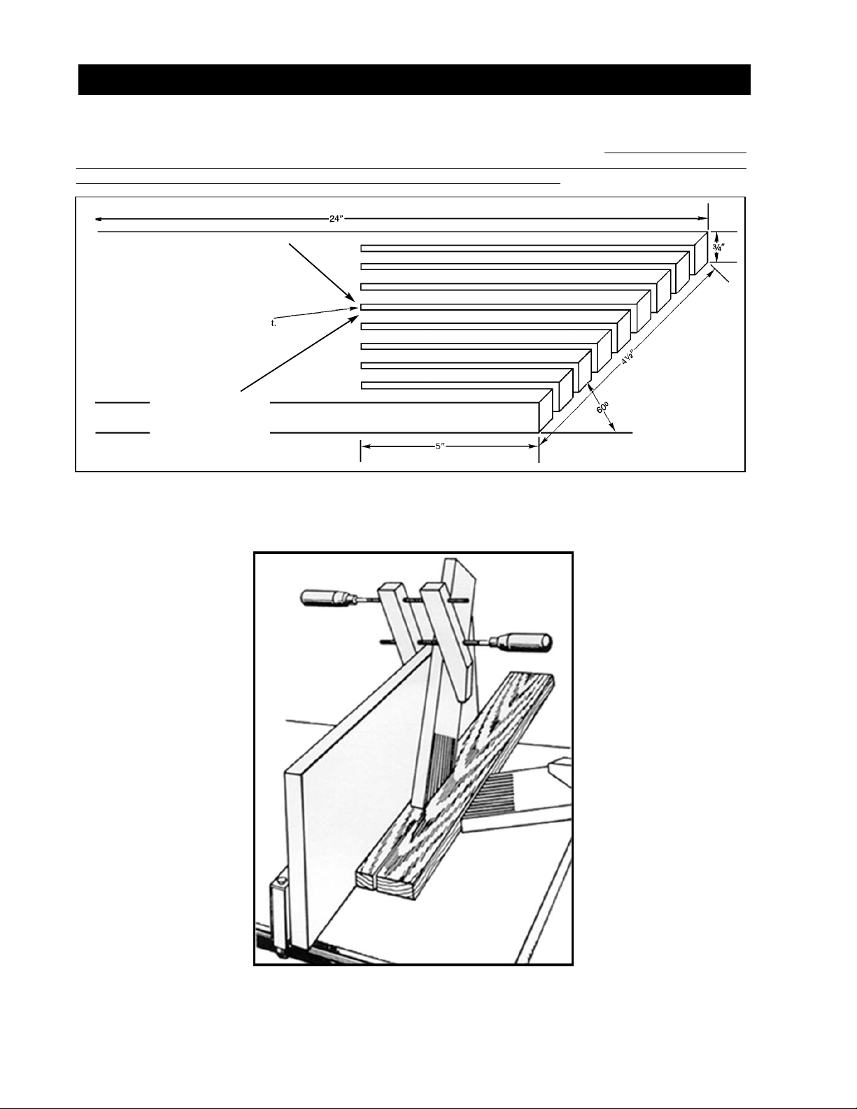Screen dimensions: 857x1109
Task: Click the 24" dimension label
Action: coord(336,219)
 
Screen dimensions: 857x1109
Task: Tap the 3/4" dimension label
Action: coord(718,247)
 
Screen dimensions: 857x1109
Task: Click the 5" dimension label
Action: coord(440,446)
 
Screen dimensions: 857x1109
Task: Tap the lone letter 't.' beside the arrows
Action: coord(274,323)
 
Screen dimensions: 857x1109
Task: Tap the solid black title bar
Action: coord(414,80)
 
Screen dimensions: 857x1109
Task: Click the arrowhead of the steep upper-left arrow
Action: coord(351,297)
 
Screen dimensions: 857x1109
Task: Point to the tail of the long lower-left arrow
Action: coord(241,391)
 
